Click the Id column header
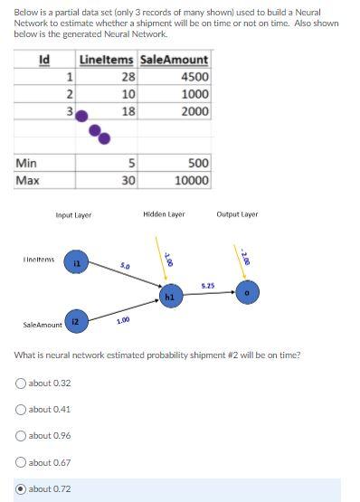43,61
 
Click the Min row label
27,163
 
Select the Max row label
28,180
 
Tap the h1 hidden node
169,294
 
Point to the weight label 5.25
207,285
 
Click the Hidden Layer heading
164,214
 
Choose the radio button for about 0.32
22,384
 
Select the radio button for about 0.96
22,436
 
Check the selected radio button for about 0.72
22,489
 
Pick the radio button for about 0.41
22,410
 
